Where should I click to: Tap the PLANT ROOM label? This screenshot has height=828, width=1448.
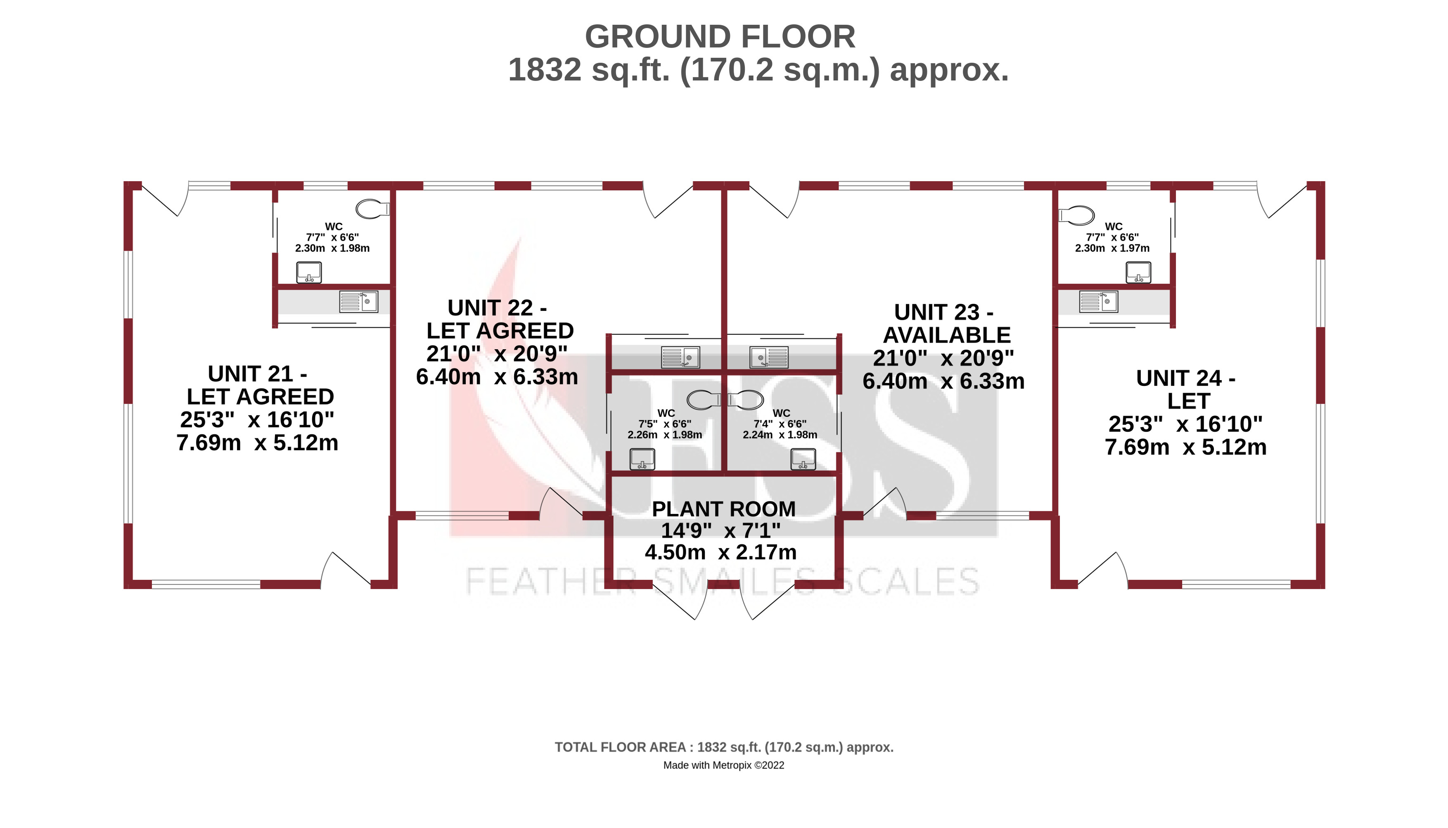click(x=723, y=509)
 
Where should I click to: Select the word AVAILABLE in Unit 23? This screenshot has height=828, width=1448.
click(x=946, y=335)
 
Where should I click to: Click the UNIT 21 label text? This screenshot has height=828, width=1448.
click(x=257, y=374)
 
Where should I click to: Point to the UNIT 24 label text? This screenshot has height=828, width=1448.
click(x=1185, y=378)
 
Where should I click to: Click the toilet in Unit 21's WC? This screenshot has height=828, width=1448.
click(x=372, y=209)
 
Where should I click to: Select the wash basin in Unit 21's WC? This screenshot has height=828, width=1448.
click(x=309, y=272)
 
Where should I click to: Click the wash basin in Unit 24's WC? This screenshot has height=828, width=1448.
click(x=1139, y=272)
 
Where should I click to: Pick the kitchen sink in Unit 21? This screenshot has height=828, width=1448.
click(x=358, y=301)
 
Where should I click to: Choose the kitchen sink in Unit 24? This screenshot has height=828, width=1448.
click(x=1098, y=301)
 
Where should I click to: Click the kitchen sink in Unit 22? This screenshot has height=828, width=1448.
click(x=680, y=357)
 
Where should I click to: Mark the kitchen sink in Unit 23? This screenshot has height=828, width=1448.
click(x=769, y=357)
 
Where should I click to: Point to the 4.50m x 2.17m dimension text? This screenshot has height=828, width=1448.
click(x=720, y=552)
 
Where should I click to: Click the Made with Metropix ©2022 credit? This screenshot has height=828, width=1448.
click(x=723, y=765)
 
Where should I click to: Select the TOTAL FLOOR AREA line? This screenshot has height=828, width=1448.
click(x=723, y=747)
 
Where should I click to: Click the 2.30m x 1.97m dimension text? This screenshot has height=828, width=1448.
click(x=1112, y=248)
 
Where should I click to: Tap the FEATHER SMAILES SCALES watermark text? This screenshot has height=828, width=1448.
click(x=722, y=581)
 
